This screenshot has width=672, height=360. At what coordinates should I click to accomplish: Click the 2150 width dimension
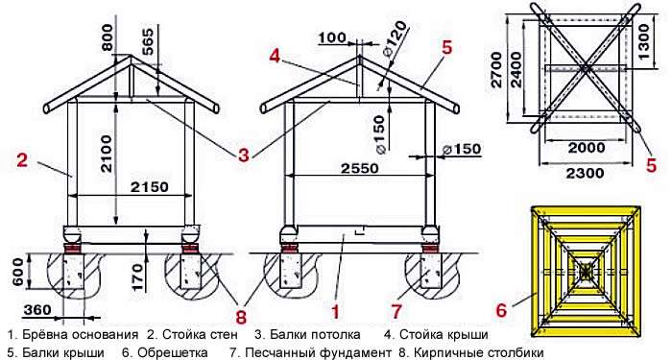point(150,187)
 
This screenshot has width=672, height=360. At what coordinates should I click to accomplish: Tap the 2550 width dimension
point(360,168)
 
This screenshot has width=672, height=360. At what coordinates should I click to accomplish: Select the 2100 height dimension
point(106,154)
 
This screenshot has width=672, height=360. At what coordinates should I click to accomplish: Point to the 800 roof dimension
point(108,37)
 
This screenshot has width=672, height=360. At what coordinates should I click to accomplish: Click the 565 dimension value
point(147,41)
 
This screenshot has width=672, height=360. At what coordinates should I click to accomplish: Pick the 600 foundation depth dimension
point(17,272)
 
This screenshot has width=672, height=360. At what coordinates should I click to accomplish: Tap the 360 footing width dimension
point(37,309)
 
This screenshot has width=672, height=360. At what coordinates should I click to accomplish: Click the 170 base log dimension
point(136,276)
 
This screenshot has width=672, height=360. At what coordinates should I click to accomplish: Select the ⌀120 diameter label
point(390,44)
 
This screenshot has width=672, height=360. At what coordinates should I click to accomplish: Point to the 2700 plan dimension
point(496,69)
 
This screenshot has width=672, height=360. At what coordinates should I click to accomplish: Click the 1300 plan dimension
point(644,41)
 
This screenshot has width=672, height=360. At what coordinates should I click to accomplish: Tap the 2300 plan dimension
point(585,173)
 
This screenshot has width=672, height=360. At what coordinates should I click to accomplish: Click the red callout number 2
point(22,160)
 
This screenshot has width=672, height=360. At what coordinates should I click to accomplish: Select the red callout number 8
point(241,318)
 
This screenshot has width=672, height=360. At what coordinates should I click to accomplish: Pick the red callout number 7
point(396,312)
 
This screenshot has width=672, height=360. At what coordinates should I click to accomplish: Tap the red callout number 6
point(501,310)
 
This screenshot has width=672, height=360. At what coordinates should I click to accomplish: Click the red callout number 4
point(275,56)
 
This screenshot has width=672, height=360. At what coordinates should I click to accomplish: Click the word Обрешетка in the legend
point(165,352)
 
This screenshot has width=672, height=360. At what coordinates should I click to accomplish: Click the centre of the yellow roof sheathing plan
point(586,271)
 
